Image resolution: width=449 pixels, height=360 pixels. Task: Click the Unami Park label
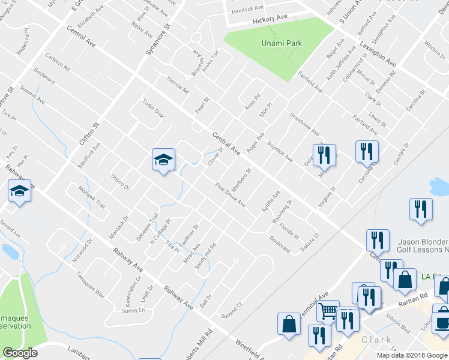(282, 43)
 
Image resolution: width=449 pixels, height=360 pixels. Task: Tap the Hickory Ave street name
(271, 20)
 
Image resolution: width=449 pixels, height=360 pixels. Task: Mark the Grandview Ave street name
(304, 124)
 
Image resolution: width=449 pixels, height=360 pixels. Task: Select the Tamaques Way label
(90, 284)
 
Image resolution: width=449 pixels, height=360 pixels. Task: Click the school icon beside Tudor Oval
(163, 159)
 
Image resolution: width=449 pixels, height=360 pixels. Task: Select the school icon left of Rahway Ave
(20, 192)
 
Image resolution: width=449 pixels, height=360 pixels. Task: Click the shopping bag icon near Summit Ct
(289, 323)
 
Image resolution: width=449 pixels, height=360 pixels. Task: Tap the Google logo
(20, 353)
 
